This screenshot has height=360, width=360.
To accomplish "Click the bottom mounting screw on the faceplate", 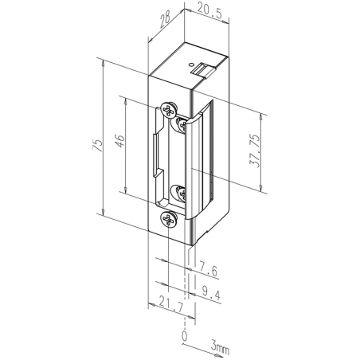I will pyautogui.click(x=166, y=219).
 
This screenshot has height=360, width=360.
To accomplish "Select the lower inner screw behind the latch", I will pyautogui.click(x=180, y=192).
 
